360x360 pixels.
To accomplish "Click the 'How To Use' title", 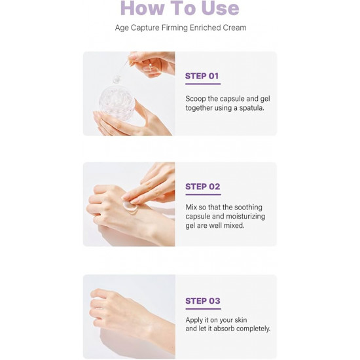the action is pos(180,9).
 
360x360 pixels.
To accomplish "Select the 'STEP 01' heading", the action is pos(202,76).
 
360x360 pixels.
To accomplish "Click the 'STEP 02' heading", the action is pos(203,187).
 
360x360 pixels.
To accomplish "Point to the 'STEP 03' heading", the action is pos(203,301).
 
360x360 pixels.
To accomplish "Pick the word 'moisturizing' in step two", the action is pos(245,217).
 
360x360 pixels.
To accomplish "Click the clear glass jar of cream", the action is pos(117,103).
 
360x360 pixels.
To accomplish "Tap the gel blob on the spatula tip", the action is pos(117,79).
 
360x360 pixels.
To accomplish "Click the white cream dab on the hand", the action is pos(130,207).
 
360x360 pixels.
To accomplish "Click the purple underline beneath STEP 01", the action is pos(203,84).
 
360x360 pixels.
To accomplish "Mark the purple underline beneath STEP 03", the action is pos(203,309).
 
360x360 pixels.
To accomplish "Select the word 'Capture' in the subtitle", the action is pos(145,28).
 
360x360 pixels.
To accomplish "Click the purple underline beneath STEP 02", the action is pos(203,194).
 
